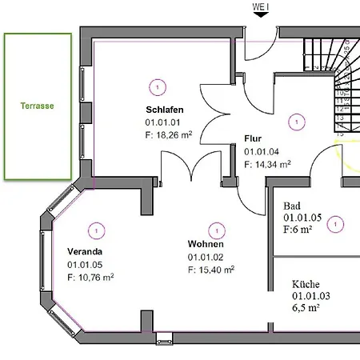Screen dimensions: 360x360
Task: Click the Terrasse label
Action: tap(37, 106)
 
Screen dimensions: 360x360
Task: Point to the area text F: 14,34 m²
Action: tap(267, 164)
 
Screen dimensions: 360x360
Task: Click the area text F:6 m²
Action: tap(298, 229)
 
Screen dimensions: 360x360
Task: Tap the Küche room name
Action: tap(306, 283)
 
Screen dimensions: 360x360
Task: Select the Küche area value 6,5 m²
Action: tap(306, 308)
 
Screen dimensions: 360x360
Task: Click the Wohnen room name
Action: tap(206, 244)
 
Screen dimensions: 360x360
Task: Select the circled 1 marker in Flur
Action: tap(297, 122)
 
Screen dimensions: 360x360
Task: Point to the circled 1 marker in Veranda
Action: tap(96, 230)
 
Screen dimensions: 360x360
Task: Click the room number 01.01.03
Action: tap(310, 296)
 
